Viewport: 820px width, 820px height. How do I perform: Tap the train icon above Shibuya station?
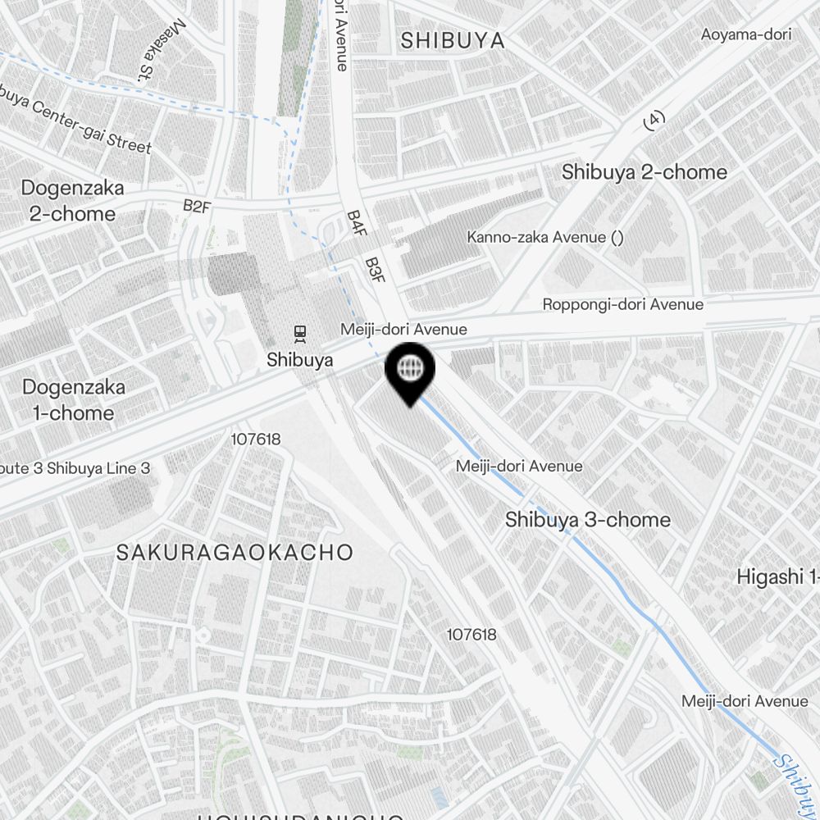[x=300, y=333]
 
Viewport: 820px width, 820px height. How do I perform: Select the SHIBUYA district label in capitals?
[x=453, y=40]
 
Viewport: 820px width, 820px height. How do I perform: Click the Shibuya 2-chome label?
[x=644, y=172]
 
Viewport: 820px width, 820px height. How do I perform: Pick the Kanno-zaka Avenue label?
[x=545, y=238]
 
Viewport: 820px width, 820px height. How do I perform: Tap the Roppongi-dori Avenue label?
[x=622, y=304]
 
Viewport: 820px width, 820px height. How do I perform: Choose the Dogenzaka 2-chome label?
[x=72, y=201]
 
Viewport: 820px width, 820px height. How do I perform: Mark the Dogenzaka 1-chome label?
[x=73, y=399]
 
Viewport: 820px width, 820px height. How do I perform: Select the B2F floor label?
[x=197, y=206]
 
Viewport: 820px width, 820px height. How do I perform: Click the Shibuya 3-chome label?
[x=587, y=520]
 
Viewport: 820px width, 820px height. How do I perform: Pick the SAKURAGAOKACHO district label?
[x=234, y=552]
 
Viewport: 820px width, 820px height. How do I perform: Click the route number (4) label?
[x=653, y=121]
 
